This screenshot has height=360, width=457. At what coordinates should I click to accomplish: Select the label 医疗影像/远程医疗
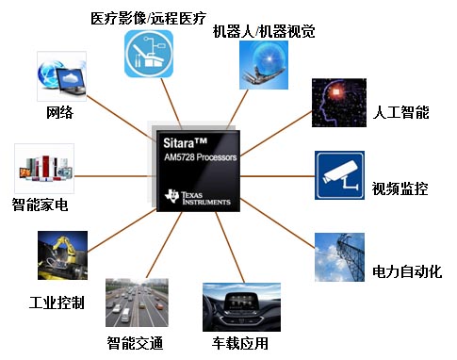point(149,18)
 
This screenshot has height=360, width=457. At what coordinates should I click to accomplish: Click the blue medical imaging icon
point(150,54)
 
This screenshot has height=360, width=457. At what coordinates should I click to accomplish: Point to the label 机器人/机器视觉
point(264,31)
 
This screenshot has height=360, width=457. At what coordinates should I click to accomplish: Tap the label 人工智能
point(400,112)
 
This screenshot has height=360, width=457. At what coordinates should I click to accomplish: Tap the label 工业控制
point(57,303)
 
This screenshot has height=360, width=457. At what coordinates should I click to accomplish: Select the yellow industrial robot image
point(62,257)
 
